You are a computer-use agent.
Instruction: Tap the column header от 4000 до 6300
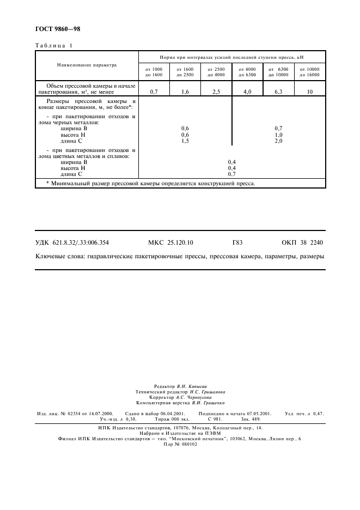[247, 72]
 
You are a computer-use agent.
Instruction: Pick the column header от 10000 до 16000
[310, 72]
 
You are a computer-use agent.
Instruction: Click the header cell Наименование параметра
[87, 64]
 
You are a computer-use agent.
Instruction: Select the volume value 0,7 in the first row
[154, 92]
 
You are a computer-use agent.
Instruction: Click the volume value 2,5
[216, 92]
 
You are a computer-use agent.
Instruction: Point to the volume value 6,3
[278, 92]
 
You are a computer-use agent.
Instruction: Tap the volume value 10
[310, 92]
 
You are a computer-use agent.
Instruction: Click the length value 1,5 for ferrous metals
[185, 141]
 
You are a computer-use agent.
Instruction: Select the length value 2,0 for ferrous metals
[278, 141]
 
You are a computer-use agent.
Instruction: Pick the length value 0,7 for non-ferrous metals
[231, 174]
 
